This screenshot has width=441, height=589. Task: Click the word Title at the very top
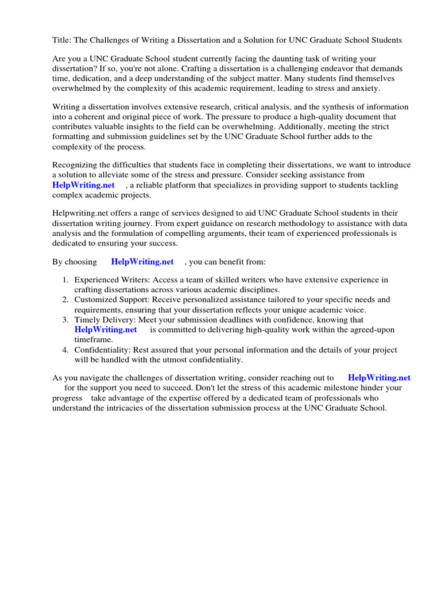tap(61, 40)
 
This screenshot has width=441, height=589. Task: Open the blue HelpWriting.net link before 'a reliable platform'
tap(83, 185)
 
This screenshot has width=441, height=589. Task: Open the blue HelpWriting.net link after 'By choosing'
tap(142, 262)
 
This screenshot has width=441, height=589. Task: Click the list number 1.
tap(65, 280)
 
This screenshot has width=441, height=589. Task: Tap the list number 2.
tap(65, 300)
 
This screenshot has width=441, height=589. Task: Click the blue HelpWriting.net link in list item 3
tap(106, 330)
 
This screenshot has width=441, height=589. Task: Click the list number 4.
tap(65, 350)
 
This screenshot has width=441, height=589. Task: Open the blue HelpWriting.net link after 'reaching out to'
tap(379, 378)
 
